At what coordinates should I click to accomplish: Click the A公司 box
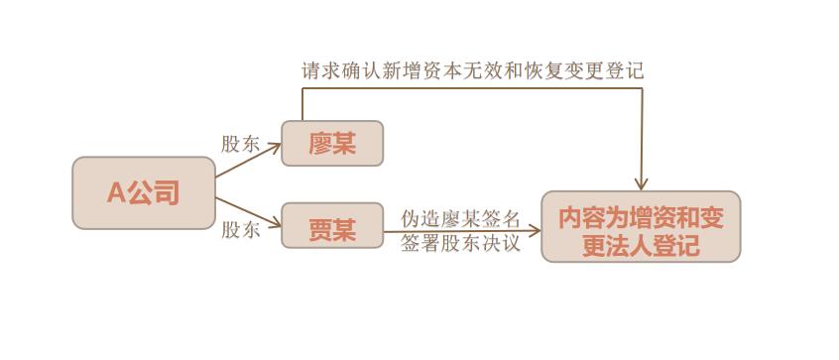click(144, 192)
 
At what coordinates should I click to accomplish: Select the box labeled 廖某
click(331, 143)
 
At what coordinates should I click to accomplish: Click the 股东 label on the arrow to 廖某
click(240, 144)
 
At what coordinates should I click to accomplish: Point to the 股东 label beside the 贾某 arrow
click(240, 230)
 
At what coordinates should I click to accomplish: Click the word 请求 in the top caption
click(320, 70)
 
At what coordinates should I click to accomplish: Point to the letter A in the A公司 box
click(115, 193)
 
